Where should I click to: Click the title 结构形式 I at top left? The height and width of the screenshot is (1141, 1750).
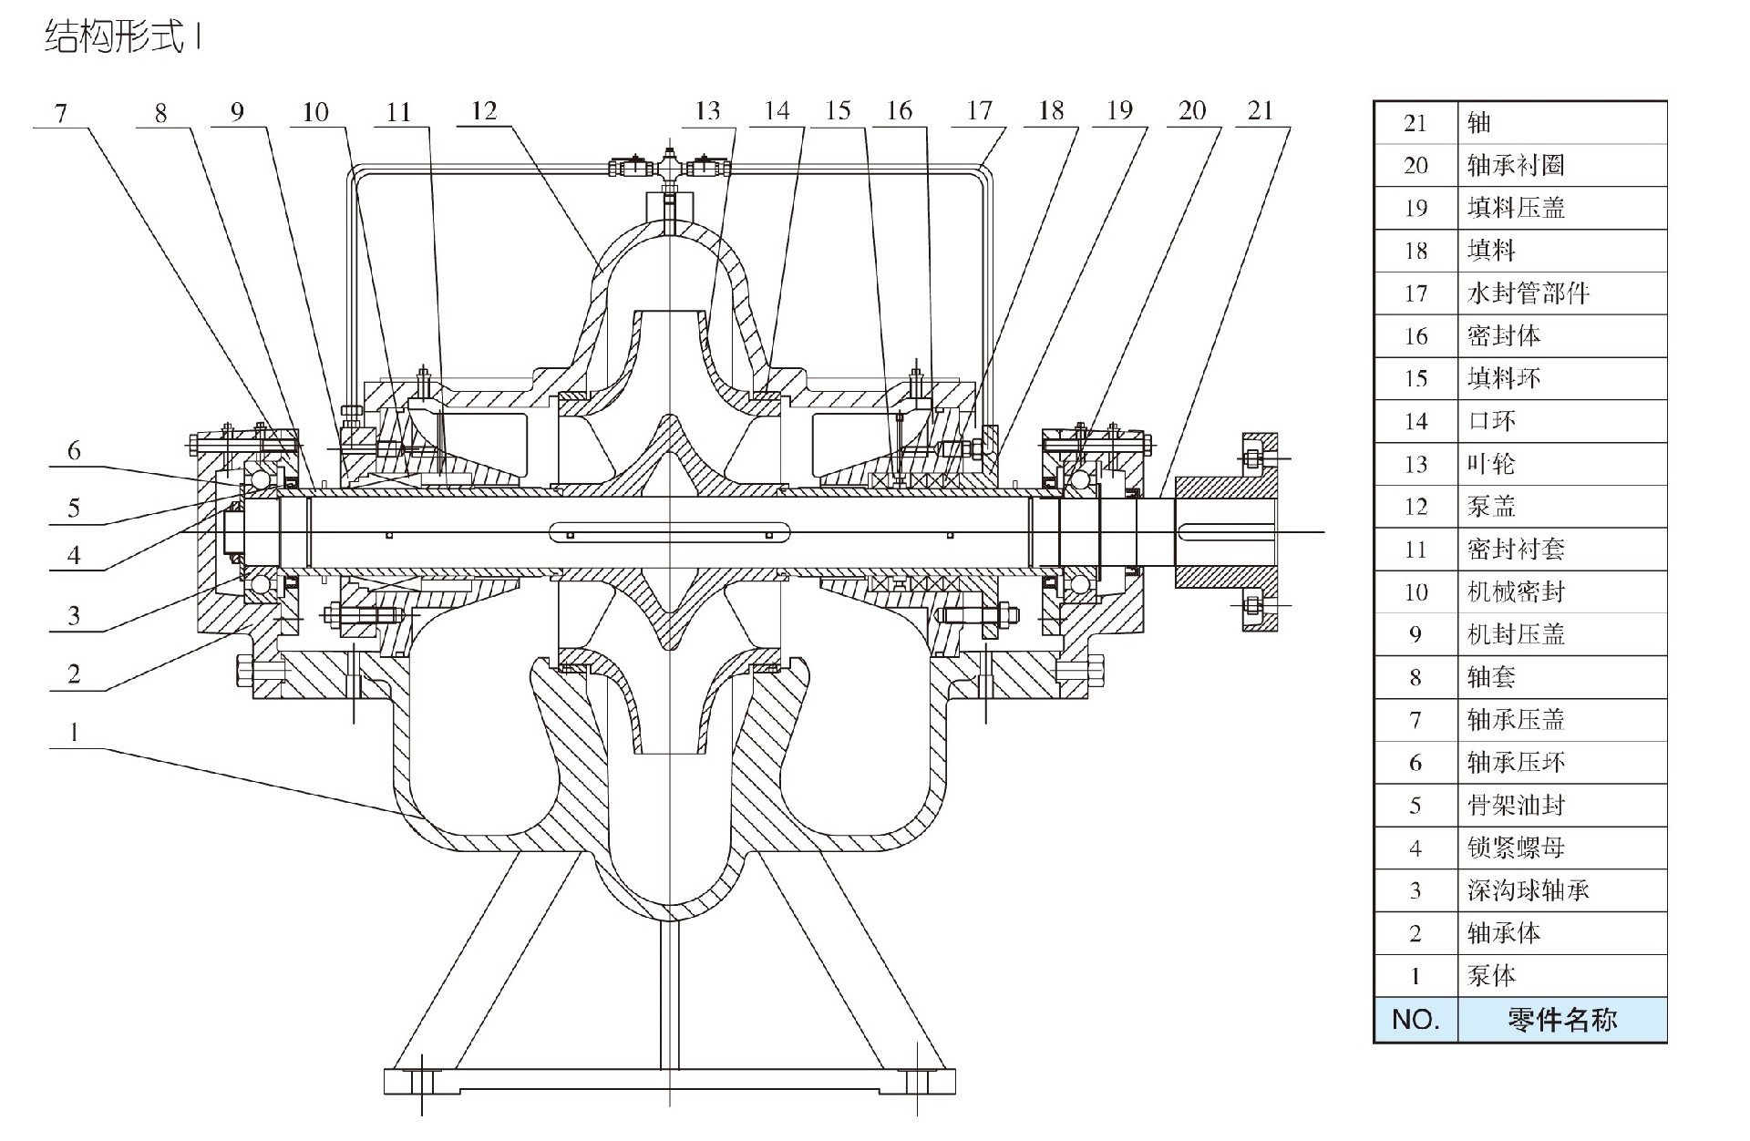[122, 38]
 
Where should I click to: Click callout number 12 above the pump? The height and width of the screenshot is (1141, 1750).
[484, 111]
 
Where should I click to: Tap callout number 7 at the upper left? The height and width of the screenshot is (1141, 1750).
[61, 113]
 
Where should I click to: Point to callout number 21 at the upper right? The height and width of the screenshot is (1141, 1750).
[1260, 111]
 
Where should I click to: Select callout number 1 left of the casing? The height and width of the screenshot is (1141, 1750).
[75, 731]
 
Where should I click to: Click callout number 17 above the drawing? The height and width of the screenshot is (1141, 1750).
[979, 111]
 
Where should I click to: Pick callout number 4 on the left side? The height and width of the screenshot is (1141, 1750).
[74, 554]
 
